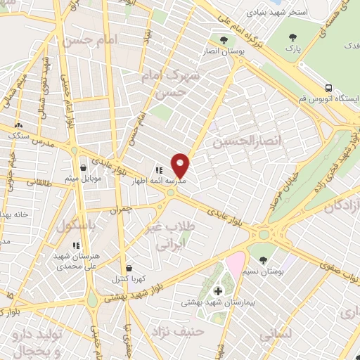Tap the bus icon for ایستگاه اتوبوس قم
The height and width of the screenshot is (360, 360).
329,88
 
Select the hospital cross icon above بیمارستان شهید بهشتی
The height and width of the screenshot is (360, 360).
217,291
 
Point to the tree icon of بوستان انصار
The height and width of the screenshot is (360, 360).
224,40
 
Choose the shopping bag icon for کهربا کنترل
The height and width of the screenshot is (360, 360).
128,268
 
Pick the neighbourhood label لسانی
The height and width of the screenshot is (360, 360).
275,336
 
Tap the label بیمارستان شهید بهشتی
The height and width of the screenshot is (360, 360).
212,303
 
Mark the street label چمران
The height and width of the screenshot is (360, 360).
121,210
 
